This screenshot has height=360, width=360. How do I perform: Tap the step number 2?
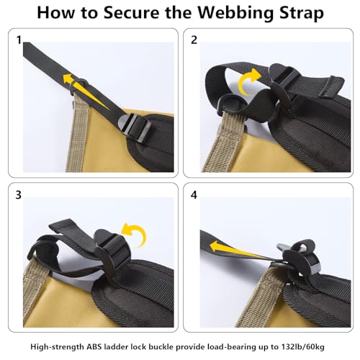coord(194,40)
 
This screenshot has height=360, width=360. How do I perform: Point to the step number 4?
coord(194,195)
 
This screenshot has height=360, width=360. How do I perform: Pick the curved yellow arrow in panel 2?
coord(250,85)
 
